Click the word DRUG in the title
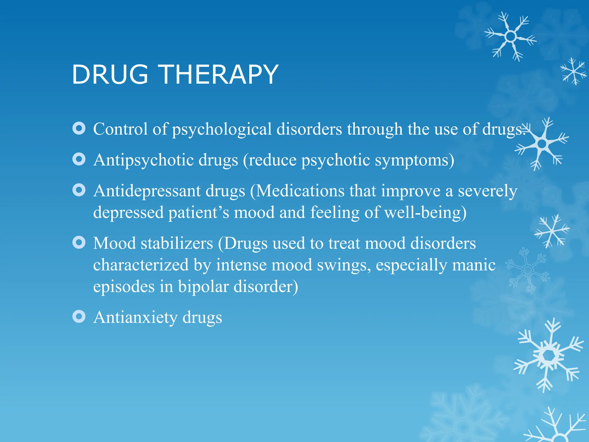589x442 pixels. tap(110, 75)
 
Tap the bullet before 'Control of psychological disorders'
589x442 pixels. tap(79, 128)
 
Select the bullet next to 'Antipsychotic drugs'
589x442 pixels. tap(79, 159)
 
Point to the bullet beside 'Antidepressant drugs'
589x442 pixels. tap(79, 190)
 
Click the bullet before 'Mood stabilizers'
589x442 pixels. tap(79, 243)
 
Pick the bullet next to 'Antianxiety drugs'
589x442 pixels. tap(79, 317)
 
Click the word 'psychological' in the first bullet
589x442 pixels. tap(222, 129)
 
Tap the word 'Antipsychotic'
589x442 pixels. tap(144, 160)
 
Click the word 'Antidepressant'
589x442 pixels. tap(147, 191)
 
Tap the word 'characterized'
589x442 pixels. tap(141, 265)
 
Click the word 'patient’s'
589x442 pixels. tap(199, 213)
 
